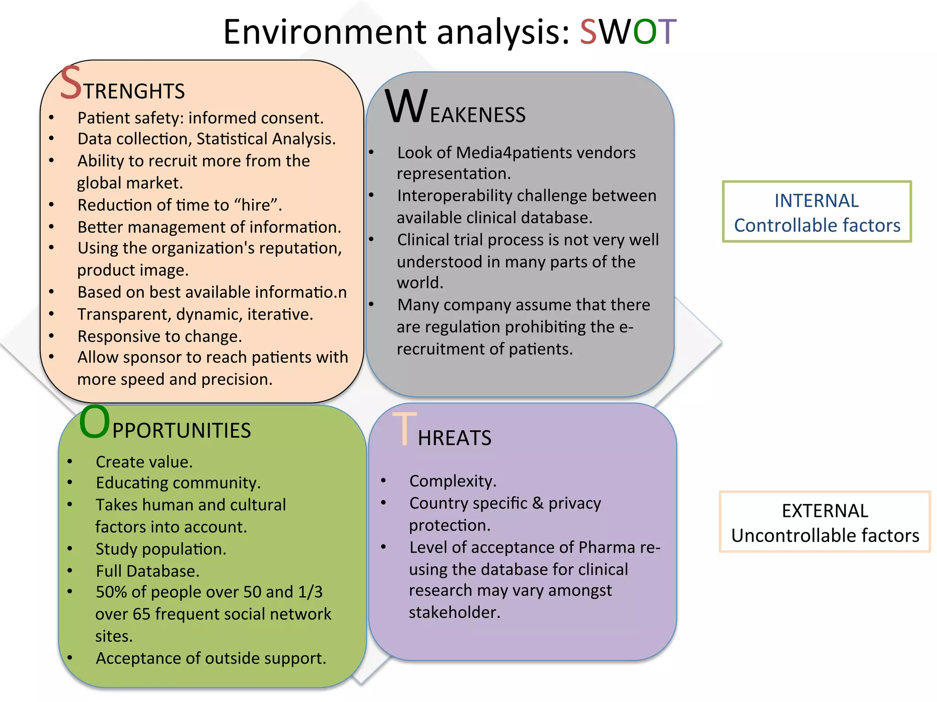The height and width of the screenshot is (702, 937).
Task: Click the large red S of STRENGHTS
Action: click(71, 83)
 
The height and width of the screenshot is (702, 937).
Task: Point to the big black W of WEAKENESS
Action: click(406, 107)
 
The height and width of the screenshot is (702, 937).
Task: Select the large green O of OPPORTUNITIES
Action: click(94, 422)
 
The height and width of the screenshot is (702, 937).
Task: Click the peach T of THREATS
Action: click(404, 429)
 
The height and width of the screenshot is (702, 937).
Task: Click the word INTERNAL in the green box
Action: click(817, 201)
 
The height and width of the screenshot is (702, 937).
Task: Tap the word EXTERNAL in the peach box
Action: click(825, 511)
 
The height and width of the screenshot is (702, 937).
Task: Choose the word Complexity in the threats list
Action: click(452, 481)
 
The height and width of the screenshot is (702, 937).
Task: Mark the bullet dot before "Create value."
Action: click(70, 462)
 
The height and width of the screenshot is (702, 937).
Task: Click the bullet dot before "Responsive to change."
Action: click(52, 336)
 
